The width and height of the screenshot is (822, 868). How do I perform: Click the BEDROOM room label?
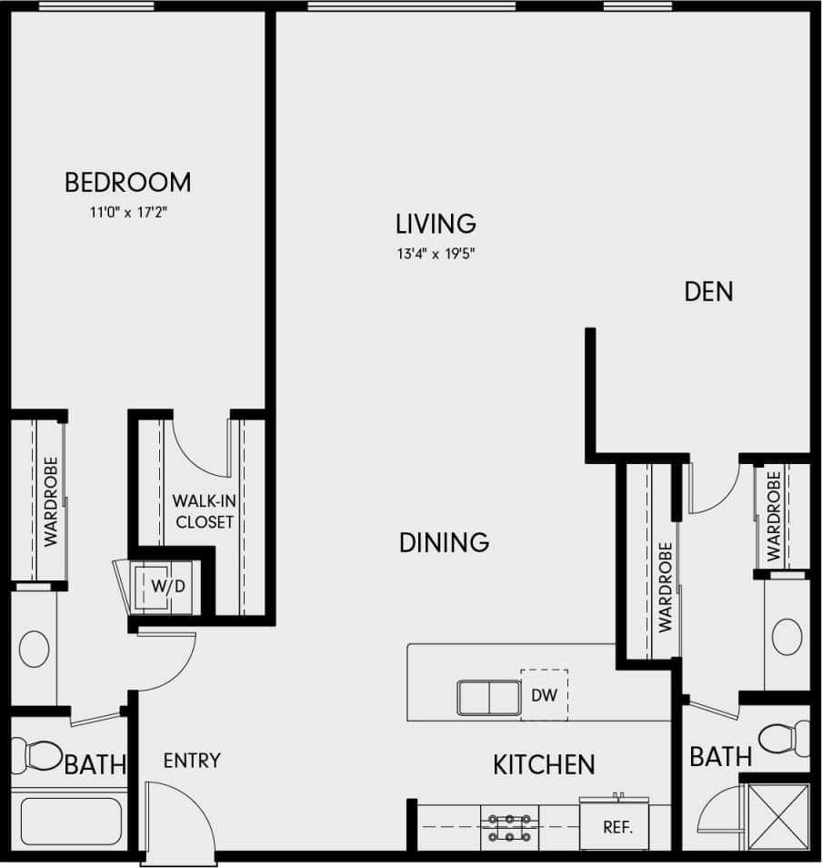[127, 182]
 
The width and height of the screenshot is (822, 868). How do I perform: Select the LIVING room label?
[436, 223]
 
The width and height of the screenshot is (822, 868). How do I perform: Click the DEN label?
[708, 292]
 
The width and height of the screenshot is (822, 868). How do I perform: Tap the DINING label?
[444, 543]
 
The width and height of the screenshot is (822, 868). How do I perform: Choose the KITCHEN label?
[544, 765]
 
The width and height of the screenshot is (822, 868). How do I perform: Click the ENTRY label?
[192, 761]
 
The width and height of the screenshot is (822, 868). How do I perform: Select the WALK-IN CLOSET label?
[205, 511]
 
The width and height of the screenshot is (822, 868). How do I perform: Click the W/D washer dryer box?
[166, 587]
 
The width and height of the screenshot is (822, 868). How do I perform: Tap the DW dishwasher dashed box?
[544, 696]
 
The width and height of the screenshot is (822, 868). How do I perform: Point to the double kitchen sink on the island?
[488, 698]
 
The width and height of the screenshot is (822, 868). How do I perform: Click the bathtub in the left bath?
[71, 822]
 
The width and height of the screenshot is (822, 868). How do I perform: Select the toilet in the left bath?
[35, 754]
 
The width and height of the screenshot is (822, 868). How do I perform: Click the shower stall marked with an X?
[777, 817]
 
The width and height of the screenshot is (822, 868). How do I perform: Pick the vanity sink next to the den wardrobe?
[787, 636]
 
